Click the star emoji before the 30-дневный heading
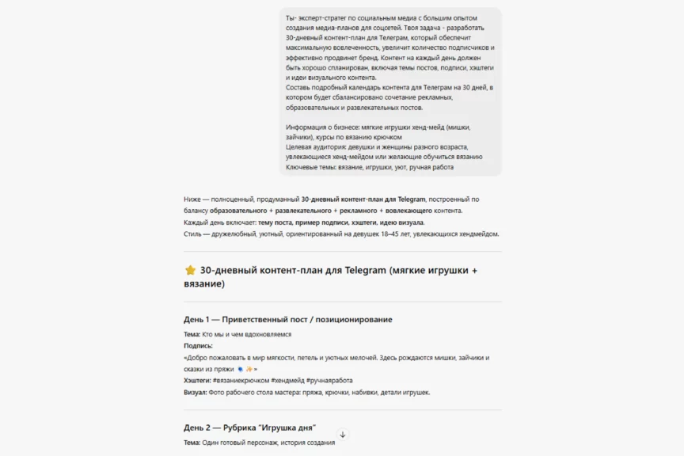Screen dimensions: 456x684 [x=189, y=270]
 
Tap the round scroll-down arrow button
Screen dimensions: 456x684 [x=342, y=435]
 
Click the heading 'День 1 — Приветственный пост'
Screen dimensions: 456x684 [x=287, y=319]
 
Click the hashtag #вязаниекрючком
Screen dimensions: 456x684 [x=241, y=381]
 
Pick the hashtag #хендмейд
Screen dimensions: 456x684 [x=287, y=381]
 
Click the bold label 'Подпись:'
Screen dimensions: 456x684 [x=198, y=346]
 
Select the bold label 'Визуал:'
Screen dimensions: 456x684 [x=195, y=392]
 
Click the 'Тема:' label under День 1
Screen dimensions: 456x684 [x=192, y=335]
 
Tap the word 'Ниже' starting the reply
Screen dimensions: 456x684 [x=192, y=199]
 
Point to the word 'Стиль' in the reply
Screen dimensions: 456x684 [x=192, y=234]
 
